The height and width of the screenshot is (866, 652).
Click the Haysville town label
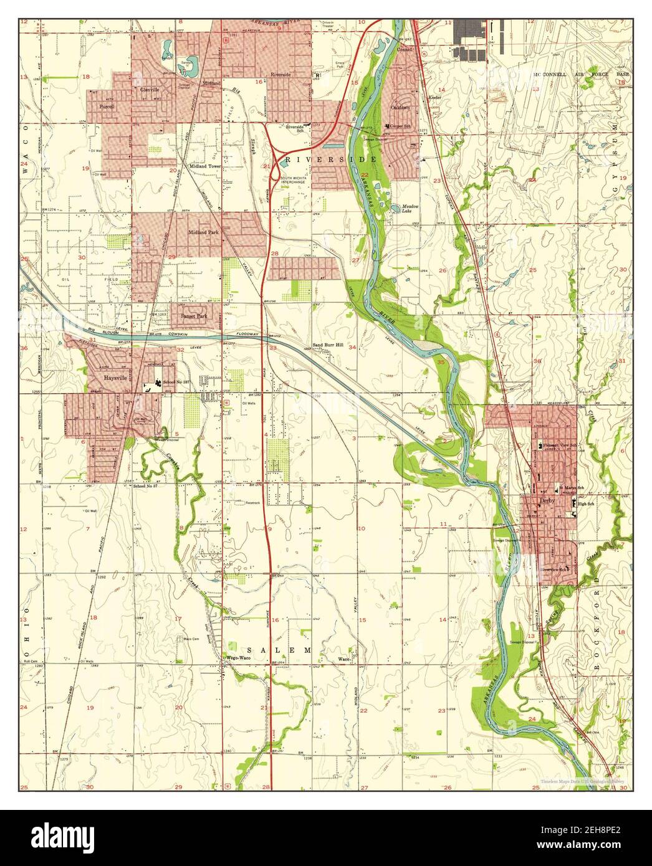(115, 378)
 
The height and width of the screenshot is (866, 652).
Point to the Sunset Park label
(193, 316)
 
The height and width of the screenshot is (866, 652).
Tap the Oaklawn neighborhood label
(400, 107)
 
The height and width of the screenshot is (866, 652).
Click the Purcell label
(107, 107)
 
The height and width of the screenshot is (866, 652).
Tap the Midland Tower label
(205, 167)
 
